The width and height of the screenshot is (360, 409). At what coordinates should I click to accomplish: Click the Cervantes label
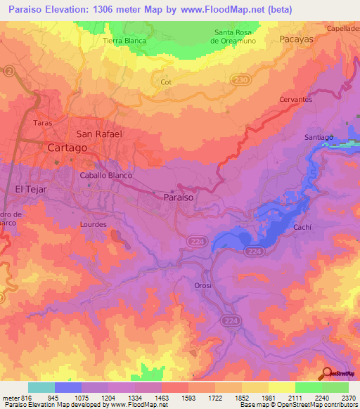[x=295, y=100]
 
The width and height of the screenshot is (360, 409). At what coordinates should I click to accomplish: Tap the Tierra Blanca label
[x=124, y=41]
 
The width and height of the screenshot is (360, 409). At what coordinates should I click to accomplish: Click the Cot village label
[x=166, y=82]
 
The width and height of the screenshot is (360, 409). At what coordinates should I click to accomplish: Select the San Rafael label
[x=99, y=134]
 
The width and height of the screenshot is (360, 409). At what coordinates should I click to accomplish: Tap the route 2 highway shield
[x=9, y=72]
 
